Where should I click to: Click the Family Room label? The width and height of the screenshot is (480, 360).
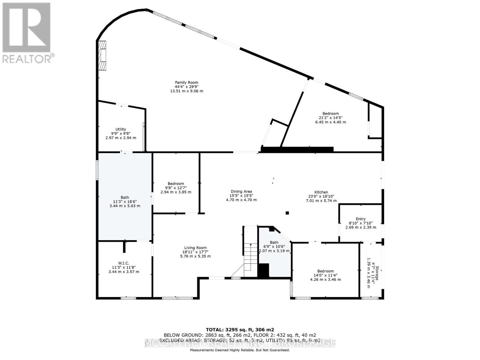click(x=187, y=82)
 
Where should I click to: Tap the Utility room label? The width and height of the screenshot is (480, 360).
click(x=121, y=129)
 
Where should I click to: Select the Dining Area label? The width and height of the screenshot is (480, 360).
click(x=241, y=191)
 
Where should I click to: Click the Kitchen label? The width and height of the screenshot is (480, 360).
click(x=321, y=192)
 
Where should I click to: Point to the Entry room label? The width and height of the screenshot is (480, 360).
click(x=361, y=219)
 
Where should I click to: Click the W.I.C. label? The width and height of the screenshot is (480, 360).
click(x=124, y=263)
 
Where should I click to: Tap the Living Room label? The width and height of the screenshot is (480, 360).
click(x=195, y=248)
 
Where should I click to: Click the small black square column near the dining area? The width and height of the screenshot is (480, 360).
click(x=287, y=213)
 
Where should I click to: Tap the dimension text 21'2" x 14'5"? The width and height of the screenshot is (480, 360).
click(x=331, y=118)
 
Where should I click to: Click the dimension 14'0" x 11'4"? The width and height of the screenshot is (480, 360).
click(x=325, y=275)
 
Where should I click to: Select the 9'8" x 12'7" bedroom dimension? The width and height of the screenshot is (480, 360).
click(x=176, y=188)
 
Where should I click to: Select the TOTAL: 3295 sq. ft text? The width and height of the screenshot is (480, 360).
click(x=240, y=329)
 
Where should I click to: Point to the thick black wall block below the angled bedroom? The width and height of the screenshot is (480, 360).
click(x=297, y=149)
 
